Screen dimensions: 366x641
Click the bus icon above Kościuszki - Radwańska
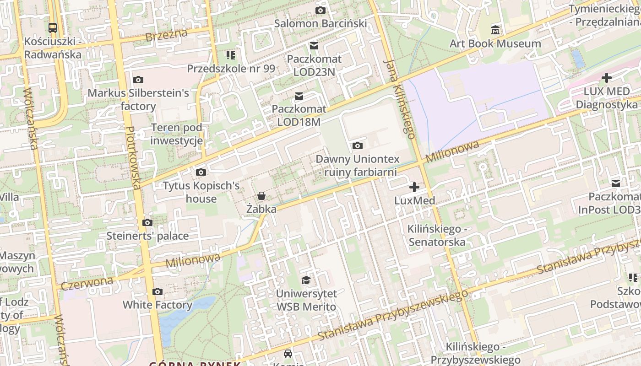click(x=53, y=27)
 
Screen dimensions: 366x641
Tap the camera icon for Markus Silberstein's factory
click(x=138, y=80)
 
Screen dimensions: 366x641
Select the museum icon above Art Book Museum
click(x=495, y=30)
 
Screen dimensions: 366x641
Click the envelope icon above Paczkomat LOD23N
click(x=314, y=45)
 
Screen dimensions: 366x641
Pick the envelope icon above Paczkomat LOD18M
click(x=299, y=96)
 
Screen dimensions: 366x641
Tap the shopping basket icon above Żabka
click(x=261, y=196)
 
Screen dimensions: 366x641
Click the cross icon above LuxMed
click(x=414, y=187)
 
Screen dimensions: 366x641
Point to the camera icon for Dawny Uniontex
click(x=358, y=145)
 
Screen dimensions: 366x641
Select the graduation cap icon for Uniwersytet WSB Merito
click(x=306, y=280)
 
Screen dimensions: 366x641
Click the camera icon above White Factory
click(x=158, y=291)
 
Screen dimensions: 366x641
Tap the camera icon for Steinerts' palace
click(x=147, y=222)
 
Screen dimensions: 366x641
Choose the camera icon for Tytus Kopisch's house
click(x=201, y=172)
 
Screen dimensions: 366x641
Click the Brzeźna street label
click(x=167, y=35)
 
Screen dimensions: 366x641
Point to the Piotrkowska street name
click(x=133, y=158)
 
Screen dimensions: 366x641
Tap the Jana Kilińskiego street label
click(x=400, y=98)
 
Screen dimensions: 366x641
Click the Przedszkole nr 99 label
click(x=231, y=69)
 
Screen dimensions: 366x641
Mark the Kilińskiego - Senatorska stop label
click(x=436, y=235)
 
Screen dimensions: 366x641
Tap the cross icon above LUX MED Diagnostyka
click(x=607, y=78)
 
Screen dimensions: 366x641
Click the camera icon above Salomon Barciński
click(x=320, y=10)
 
